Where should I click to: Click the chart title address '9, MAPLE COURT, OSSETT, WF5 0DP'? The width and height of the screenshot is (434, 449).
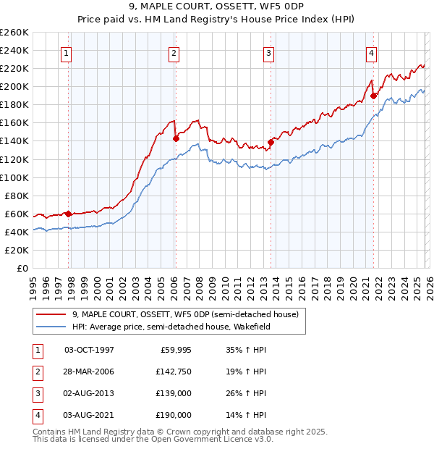coord(216,6)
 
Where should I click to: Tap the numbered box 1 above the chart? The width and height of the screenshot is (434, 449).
coord(66,52)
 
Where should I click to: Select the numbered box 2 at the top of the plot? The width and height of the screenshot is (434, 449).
coord(174,52)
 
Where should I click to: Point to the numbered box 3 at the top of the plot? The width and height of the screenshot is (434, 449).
coord(268,52)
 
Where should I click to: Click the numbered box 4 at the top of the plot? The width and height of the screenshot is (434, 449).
coord(370,52)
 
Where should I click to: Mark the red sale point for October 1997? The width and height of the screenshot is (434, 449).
coord(68,213)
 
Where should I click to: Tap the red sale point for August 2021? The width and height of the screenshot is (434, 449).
coord(373,95)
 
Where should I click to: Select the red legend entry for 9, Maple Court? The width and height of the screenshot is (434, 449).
coord(180,314)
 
